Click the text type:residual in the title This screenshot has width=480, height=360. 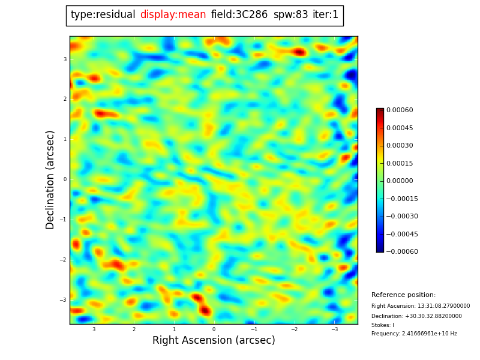tap(103, 15)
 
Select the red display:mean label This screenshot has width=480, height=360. tap(173, 15)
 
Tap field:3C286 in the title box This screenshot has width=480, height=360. tap(239, 15)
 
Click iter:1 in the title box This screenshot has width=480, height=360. tap(325, 15)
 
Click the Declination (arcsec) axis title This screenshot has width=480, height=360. tap(51, 179)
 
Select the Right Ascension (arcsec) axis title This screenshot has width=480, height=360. tap(214, 341)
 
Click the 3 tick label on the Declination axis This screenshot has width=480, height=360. tap(65, 59)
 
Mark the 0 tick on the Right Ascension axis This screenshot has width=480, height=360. tap(214, 329)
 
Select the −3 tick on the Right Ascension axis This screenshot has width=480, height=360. tap(334, 329)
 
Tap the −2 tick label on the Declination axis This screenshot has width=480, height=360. tap(64, 260)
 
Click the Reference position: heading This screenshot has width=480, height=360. tap(403, 295)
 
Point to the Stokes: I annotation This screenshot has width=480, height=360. tap(383, 325)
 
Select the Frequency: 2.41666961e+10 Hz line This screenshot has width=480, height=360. tap(414, 334)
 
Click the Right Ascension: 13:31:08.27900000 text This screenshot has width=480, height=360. tap(421, 306)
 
